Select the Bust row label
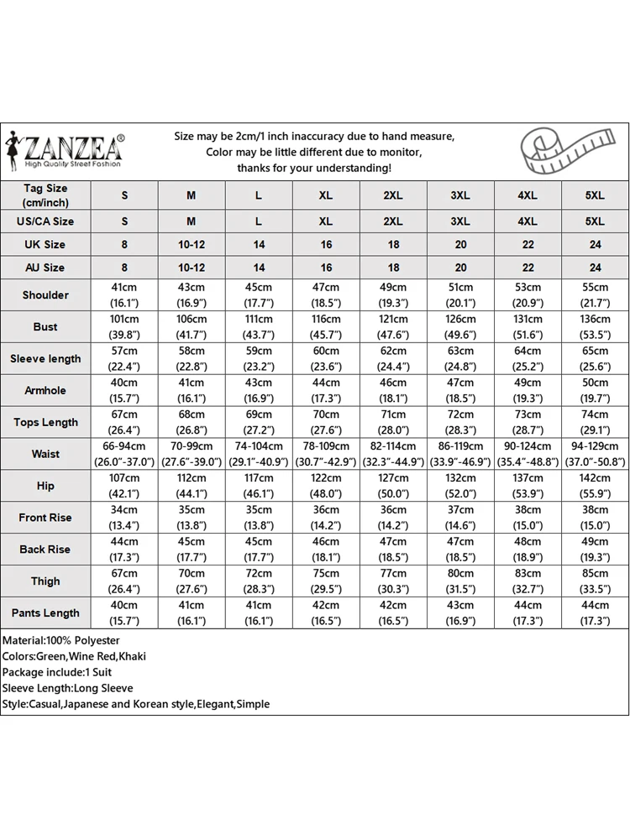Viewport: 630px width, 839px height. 45,327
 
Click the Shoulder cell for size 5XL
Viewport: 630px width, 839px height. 595,295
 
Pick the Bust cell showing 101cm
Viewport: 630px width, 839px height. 124,327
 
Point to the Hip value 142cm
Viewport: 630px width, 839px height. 595,486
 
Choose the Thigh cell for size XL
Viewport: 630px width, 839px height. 326,581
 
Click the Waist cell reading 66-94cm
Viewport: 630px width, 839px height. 124,454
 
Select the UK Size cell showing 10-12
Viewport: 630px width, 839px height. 192,244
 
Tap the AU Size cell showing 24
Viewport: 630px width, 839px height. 595,268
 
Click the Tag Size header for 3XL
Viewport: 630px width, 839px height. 460,195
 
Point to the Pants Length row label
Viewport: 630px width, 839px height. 45,613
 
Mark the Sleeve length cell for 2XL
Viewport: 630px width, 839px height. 393,359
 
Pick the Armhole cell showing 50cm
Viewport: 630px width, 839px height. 595,391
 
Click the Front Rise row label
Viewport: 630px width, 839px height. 45,518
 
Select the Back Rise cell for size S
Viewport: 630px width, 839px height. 124,550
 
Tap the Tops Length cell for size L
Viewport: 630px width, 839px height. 259,423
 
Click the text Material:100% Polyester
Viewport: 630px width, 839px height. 61,641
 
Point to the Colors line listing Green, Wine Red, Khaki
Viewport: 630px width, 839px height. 74,657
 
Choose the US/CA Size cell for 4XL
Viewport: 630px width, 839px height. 528,221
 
